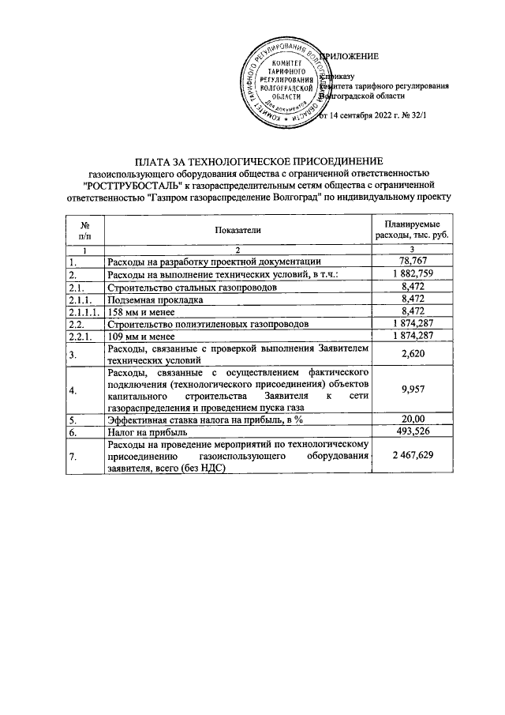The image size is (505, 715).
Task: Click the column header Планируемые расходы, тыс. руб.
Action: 413,229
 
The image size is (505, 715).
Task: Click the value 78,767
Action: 413,261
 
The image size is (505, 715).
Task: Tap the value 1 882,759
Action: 413,273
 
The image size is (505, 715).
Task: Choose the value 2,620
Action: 413,356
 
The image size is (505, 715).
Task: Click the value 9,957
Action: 413,389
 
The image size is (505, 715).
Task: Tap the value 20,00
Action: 413,420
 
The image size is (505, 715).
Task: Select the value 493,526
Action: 413,432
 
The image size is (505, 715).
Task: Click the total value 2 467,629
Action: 413,457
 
